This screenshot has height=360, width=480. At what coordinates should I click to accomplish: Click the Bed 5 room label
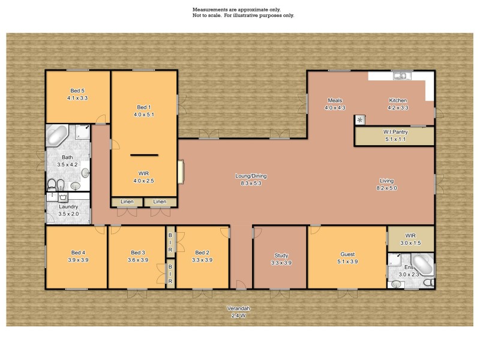77,91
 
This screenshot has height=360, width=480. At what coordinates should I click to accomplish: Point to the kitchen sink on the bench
400,76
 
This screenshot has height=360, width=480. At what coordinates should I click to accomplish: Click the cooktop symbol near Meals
359,119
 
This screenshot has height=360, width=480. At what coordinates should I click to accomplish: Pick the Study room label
281,255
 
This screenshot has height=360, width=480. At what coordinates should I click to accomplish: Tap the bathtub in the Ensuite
422,264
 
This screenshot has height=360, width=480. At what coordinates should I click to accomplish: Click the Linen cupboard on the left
127,202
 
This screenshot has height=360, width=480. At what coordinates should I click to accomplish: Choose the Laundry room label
68,207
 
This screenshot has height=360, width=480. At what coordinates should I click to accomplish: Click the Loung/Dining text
251,176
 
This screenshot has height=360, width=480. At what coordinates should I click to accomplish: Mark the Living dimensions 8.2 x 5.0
386,188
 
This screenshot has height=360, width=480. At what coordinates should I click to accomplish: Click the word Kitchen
398,100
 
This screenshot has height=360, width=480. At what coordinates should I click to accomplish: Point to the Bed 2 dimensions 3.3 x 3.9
202,260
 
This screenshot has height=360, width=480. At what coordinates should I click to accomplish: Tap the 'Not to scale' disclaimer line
243,16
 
